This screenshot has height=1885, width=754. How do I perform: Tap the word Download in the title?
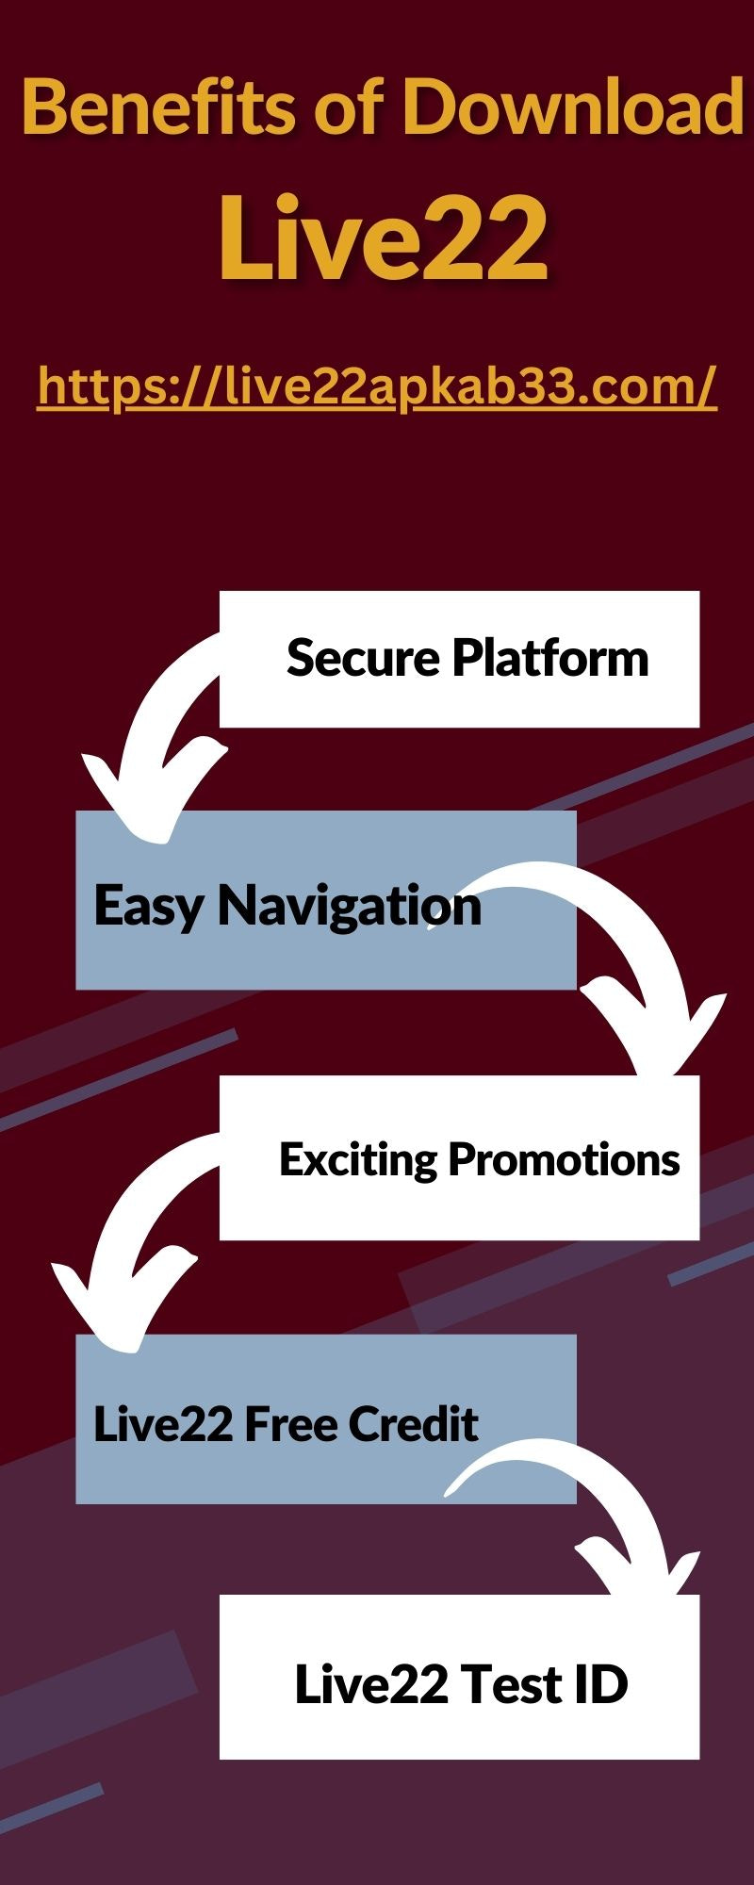click(573, 107)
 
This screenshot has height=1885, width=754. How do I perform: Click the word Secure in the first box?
click(363, 658)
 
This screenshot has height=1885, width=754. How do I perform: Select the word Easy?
click(148, 907)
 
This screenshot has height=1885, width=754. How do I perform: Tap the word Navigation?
click(350, 907)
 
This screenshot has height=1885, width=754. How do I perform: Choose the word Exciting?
click(358, 1159)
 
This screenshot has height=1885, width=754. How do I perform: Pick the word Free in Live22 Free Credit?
click(288, 1423)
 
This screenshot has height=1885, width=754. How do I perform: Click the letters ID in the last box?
click(598, 1684)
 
